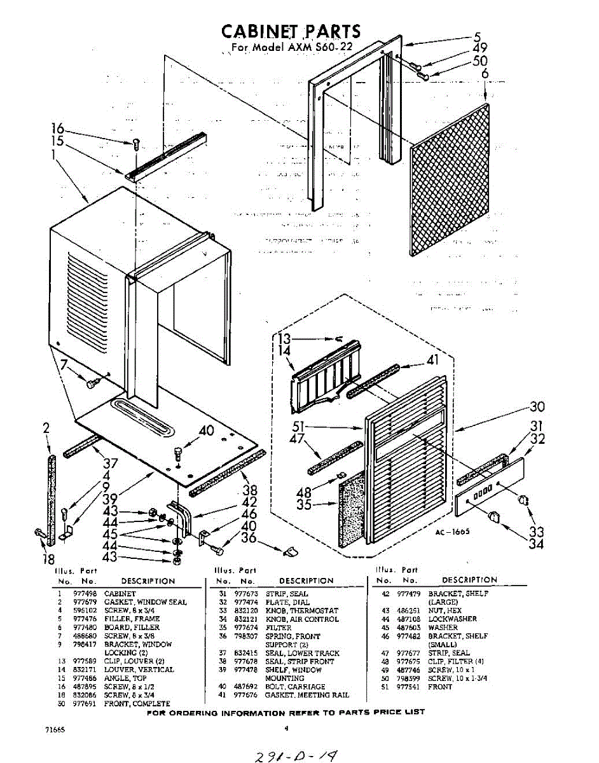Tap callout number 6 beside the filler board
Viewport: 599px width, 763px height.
[485, 74]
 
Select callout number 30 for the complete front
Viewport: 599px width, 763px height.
[537, 407]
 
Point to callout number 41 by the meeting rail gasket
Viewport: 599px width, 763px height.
[432, 360]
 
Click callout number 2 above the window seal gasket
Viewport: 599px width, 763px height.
[46, 429]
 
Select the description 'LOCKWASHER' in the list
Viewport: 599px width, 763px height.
[452, 619]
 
